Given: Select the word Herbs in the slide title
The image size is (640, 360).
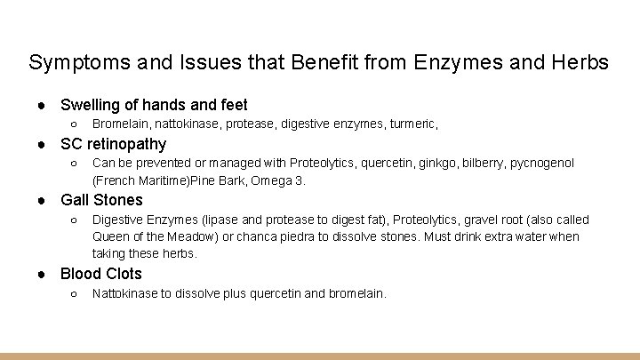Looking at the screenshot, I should [580, 62].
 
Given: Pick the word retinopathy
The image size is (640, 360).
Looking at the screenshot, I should [126, 143].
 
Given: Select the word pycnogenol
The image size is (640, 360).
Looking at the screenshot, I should [543, 163].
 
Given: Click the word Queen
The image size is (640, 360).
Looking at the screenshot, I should [111, 236].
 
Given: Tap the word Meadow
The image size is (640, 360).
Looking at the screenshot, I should [188, 236].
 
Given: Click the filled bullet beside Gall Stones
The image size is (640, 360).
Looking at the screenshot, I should [42, 200].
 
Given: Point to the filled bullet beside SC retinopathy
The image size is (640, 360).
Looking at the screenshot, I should [42, 144].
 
